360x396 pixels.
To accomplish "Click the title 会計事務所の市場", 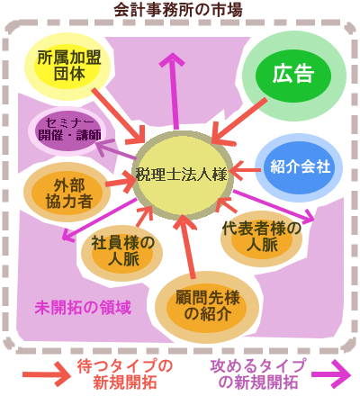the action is point(178,10).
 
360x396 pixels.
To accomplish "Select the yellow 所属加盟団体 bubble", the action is point(67,67).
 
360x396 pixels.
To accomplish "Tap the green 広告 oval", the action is point(293,76).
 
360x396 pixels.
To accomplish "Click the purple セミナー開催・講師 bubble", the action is point(69,131).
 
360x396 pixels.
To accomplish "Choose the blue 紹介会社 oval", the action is point(299,167).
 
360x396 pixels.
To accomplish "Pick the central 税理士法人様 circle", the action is point(182,175).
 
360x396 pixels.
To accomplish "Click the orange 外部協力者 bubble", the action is point(67,193).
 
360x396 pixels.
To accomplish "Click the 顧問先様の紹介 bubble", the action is point(207,307).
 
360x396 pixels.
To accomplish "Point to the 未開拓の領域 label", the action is point(83,308).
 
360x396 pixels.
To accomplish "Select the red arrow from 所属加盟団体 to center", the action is point(120,116).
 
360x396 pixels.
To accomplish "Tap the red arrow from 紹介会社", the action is point(245,170).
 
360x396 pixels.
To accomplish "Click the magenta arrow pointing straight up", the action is point(173,91).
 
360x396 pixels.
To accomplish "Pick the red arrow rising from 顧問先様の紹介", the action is point(186,247).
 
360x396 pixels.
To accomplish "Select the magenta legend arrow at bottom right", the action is point(331,374).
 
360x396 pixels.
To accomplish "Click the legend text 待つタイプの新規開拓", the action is point(125,374).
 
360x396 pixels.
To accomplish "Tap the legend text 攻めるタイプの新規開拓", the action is point(258,374).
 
